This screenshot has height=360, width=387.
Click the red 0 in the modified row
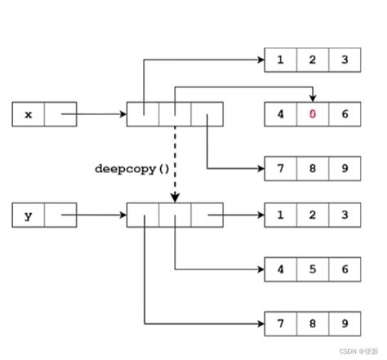pos(313,114)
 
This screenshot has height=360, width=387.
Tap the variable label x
pos(29,114)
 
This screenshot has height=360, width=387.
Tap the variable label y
pos(29,216)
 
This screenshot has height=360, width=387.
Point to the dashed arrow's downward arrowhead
pos(175,198)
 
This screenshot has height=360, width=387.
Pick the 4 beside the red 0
pos(281,114)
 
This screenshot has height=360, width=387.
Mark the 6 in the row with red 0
pos(345,114)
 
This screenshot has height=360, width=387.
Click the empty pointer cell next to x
pos(60,114)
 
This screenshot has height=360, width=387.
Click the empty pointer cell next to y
pos(60,216)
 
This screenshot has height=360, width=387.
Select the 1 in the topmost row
pos(281,60)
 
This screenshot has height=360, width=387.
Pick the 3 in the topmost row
pos(345,60)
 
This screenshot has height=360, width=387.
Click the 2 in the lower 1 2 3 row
pos(313,216)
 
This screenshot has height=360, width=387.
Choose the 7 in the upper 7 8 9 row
pos(281,170)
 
